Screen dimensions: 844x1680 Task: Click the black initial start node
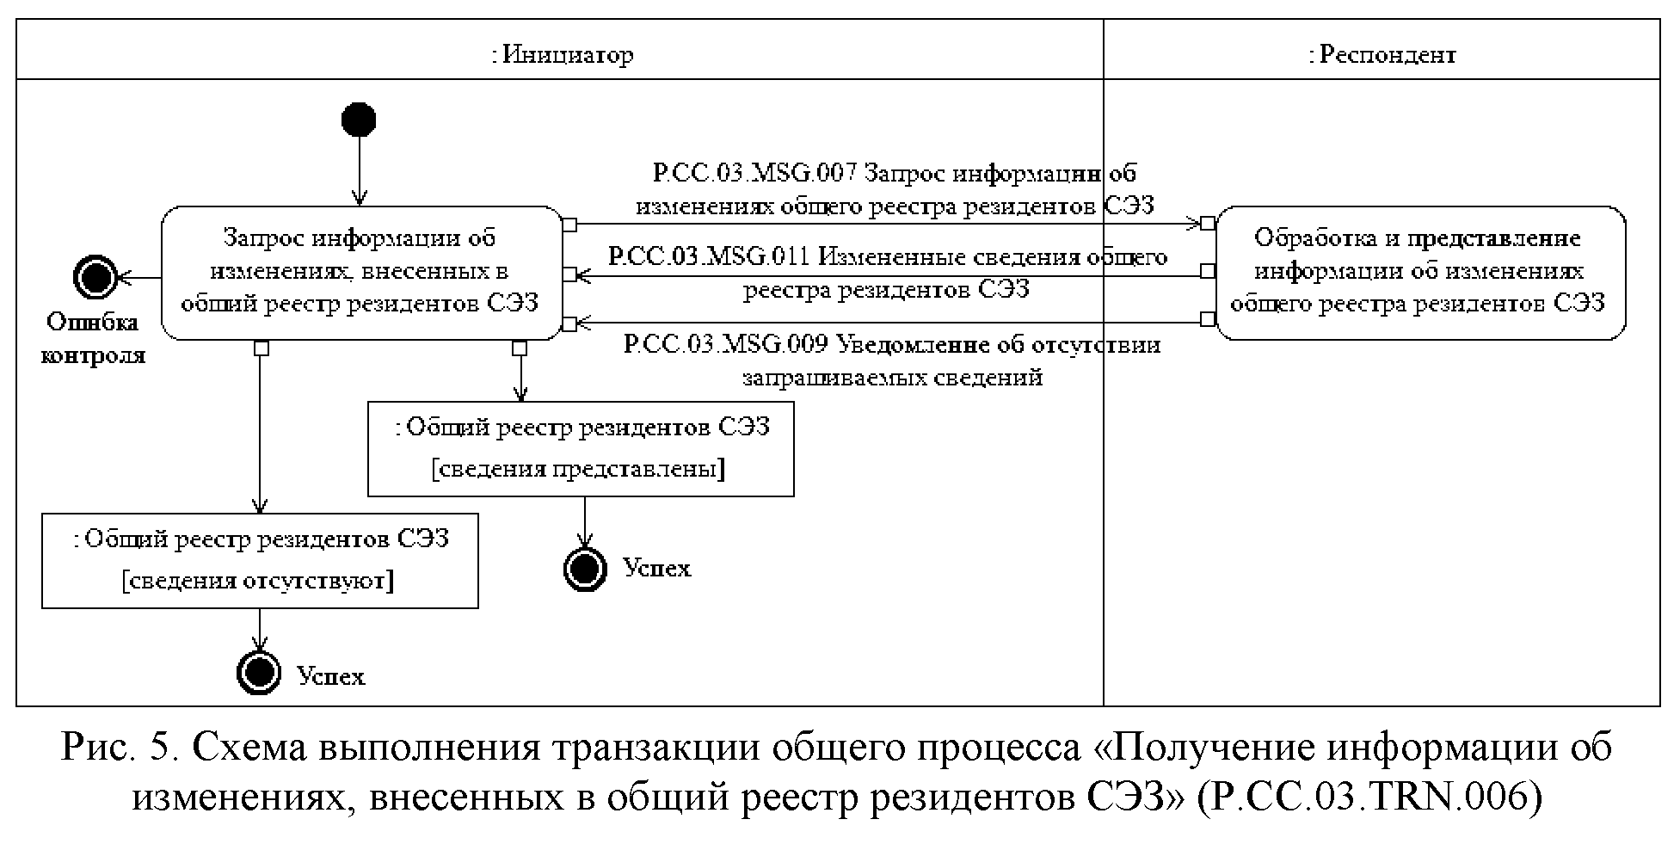pos(359,120)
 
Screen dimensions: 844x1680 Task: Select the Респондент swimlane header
pos(1382,55)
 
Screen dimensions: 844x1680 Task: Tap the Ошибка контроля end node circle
pos(94,277)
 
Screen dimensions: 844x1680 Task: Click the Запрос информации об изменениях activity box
pos(361,272)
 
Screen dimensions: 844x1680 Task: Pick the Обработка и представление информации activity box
pos(1419,272)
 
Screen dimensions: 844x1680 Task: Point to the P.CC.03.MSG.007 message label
pos(895,189)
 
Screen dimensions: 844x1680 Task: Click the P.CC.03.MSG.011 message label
pos(887,272)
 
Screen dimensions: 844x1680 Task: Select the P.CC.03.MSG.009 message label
pos(892,360)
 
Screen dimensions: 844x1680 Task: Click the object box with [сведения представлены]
pos(581,448)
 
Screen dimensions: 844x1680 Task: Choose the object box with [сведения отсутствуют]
pos(260,560)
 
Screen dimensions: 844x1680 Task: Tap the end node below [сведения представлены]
pos(585,568)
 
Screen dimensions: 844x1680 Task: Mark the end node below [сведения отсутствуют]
pos(259,673)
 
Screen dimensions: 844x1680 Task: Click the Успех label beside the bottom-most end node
pos(331,677)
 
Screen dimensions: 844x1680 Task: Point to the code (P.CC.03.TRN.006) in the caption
pos(1370,798)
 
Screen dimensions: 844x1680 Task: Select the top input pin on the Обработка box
pos(1208,224)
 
